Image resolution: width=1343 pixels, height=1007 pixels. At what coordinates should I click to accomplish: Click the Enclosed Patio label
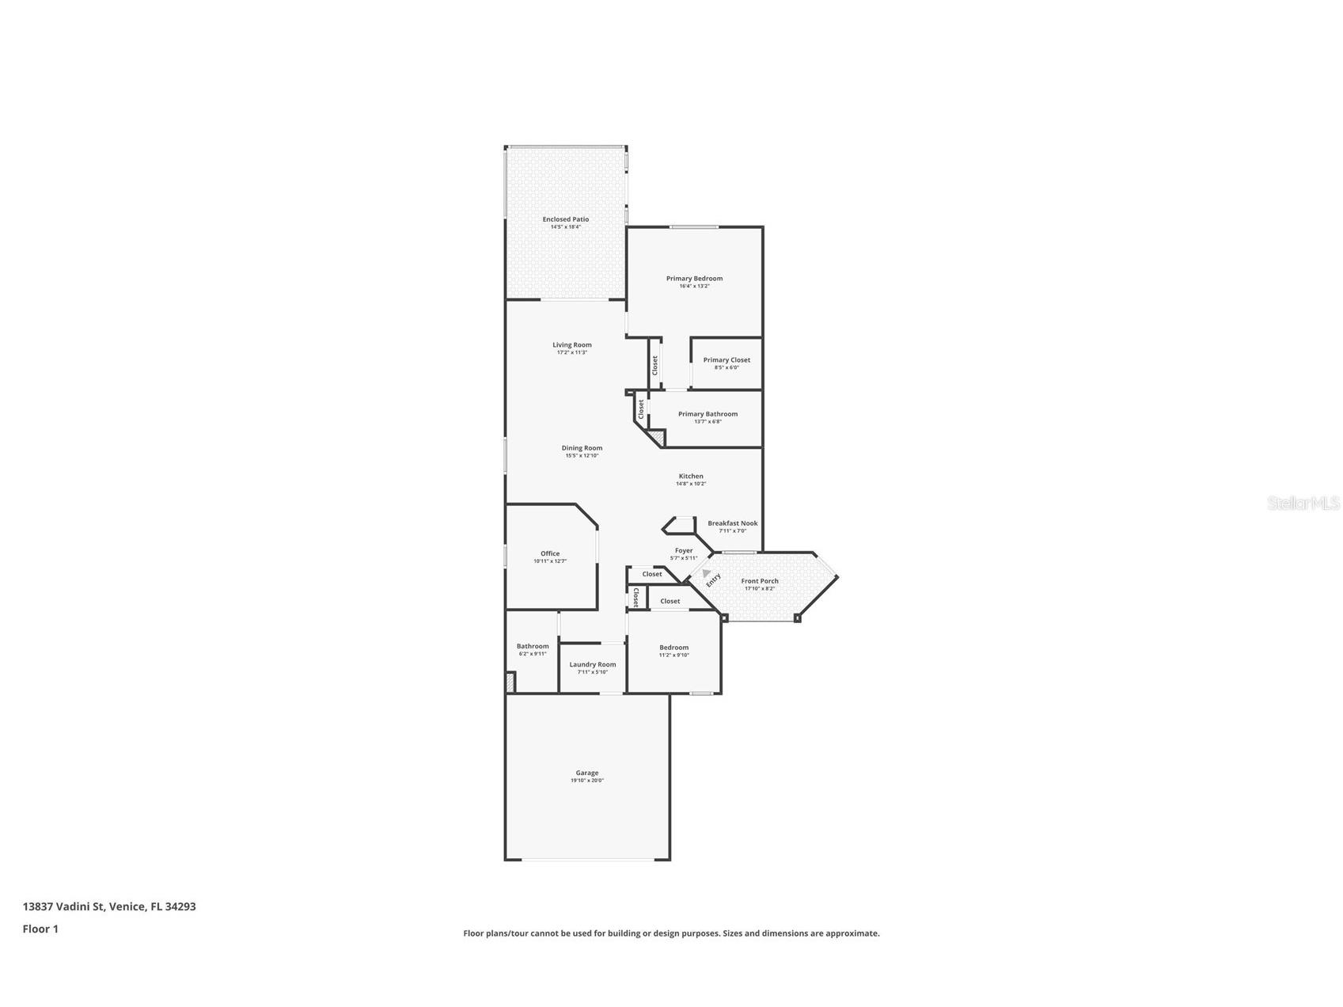pyautogui.click(x=565, y=219)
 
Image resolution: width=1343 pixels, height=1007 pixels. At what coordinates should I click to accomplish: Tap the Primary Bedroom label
pyautogui.click(x=694, y=279)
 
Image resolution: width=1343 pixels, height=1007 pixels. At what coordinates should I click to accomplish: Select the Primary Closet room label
pyautogui.click(x=727, y=360)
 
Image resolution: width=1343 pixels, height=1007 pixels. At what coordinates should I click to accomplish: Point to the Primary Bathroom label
pyautogui.click(x=708, y=414)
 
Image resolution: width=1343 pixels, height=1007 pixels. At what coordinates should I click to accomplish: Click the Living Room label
pyautogui.click(x=571, y=345)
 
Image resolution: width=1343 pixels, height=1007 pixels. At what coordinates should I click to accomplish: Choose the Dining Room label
pyautogui.click(x=582, y=448)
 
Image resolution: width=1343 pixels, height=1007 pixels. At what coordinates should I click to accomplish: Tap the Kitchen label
pyautogui.click(x=690, y=477)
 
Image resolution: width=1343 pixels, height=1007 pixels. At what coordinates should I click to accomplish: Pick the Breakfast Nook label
pyautogui.click(x=732, y=523)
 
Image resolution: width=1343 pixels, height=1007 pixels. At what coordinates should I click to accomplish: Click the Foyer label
pyautogui.click(x=684, y=551)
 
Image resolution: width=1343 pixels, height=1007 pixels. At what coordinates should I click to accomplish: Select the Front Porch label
pyautogui.click(x=759, y=581)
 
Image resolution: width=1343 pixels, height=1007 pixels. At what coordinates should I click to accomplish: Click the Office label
pyautogui.click(x=550, y=554)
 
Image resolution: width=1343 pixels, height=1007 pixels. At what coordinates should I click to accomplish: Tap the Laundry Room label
pyautogui.click(x=592, y=665)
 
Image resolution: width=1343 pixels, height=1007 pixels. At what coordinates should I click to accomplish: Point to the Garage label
pyautogui.click(x=586, y=773)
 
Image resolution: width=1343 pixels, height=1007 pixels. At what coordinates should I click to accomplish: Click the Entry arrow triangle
pyautogui.click(x=706, y=572)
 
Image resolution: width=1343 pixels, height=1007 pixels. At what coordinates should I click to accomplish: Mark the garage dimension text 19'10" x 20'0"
pyautogui.click(x=586, y=781)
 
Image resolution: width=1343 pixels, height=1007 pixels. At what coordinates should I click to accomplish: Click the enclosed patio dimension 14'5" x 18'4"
pyautogui.click(x=565, y=227)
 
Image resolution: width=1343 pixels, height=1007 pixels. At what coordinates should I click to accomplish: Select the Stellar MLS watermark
pyautogui.click(x=1303, y=503)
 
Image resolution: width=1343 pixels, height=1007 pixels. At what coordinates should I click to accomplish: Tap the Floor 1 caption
pyautogui.click(x=40, y=929)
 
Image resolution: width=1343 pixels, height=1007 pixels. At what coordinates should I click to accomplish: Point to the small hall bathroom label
pyautogui.click(x=533, y=647)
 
